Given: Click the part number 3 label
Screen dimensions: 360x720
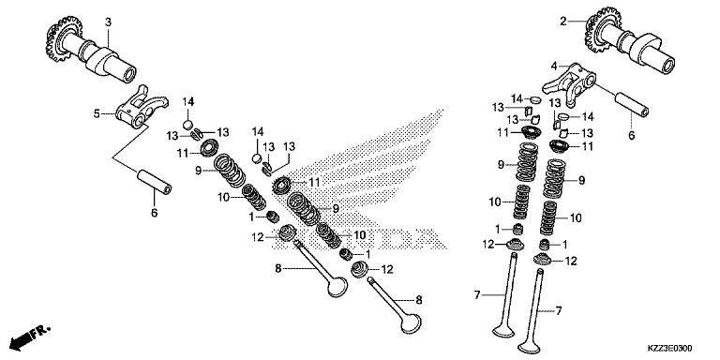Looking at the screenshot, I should (x=108, y=22).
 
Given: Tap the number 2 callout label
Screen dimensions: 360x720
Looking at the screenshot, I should (x=563, y=22).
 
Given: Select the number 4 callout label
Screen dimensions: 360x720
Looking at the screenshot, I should (x=555, y=66).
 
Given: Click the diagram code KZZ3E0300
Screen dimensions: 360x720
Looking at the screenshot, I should (x=679, y=348).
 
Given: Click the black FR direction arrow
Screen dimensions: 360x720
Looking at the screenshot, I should (x=29, y=335).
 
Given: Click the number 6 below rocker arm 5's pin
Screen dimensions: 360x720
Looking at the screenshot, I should (x=155, y=213).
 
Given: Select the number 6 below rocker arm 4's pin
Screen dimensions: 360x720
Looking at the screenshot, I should (x=631, y=135).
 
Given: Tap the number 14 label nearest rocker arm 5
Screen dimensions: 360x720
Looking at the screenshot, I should (x=187, y=101).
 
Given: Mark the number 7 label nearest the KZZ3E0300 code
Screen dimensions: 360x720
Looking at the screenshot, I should (x=560, y=310).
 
